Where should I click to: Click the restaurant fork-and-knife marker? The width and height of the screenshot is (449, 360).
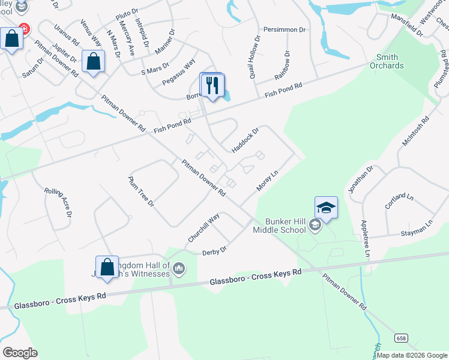point(211,85)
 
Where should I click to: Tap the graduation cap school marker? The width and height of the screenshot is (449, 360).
point(326,208)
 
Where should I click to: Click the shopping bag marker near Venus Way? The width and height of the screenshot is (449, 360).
point(94,61)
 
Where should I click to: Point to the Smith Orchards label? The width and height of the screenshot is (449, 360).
point(387,61)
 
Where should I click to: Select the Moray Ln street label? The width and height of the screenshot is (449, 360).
point(268,181)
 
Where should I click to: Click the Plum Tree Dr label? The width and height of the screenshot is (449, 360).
point(141,191)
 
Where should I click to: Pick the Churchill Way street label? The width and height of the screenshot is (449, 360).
point(203,228)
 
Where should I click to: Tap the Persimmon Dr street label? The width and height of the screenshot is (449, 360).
point(285,29)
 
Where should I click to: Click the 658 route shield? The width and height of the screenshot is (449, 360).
point(400,338)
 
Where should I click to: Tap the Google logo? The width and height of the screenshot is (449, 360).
point(20,353)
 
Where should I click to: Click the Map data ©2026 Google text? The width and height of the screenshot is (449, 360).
point(412,355)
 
